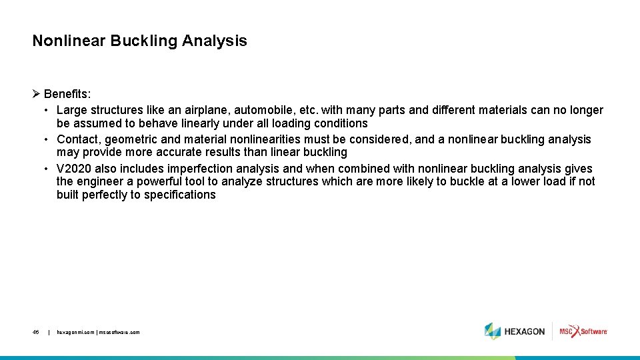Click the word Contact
[78, 139]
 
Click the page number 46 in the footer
[35, 331]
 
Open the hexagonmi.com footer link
[75, 331]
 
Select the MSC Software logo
[583, 331]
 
